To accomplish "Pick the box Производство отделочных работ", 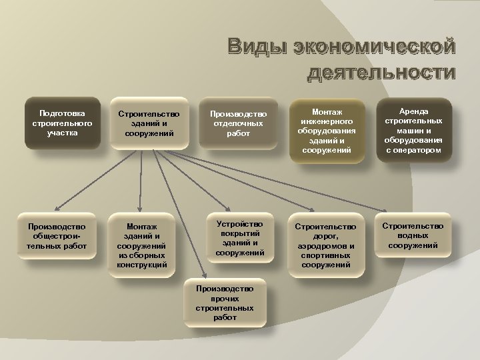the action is [238, 124].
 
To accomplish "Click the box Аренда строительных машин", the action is [413, 131].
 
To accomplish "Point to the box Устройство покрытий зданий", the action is [239, 238].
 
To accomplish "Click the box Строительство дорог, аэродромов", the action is [325, 246].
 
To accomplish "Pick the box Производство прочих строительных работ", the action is [225, 303].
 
